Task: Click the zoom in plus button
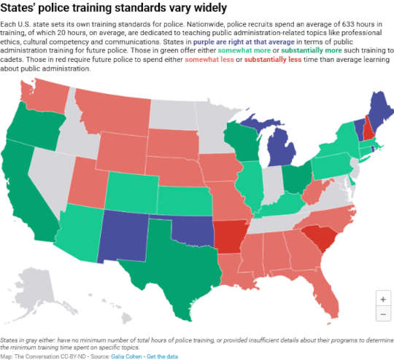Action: (382, 299)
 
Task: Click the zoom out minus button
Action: (382, 314)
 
